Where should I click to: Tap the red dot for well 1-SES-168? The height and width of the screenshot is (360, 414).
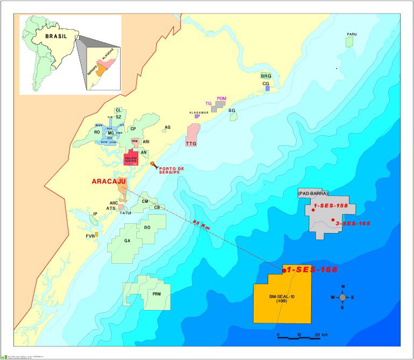pos(284,270)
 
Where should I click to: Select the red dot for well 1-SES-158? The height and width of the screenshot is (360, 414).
pos(313,210)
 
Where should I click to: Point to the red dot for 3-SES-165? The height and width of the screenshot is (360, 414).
pos(333,220)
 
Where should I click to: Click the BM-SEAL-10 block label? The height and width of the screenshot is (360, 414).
pos(282,298)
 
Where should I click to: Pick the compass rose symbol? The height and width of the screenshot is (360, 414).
pos(342,297)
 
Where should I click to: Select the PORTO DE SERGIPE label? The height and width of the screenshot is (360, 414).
pos(172,171)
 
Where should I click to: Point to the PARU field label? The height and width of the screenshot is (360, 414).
pos(352,34)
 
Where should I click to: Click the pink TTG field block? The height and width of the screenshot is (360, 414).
pos(192,135)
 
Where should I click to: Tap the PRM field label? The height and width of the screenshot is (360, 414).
pos(157,294)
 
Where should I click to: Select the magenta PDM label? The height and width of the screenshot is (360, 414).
pos(221,99)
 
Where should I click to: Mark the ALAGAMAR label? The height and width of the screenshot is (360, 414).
pos(199,112)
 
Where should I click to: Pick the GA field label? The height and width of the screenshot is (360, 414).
pos(128,241)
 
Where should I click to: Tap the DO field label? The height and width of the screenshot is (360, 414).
pos(147,228)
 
